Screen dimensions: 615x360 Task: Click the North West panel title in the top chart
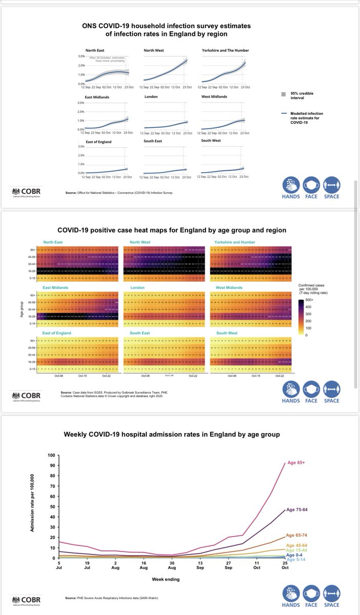tap(153, 50)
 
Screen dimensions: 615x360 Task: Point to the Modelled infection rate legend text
tap(307, 118)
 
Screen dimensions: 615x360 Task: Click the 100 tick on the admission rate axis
tap(50, 455)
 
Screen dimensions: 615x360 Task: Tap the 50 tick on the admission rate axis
tap(52, 507)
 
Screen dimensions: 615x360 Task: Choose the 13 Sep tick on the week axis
tap(201, 565)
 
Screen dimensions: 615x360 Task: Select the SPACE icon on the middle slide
tap(331, 393)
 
